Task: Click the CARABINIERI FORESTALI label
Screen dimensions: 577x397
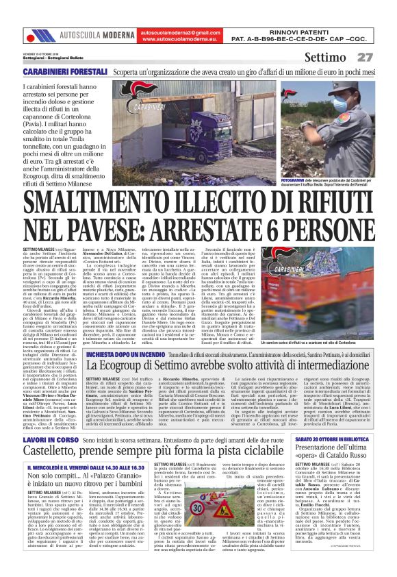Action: coord(65,71)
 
